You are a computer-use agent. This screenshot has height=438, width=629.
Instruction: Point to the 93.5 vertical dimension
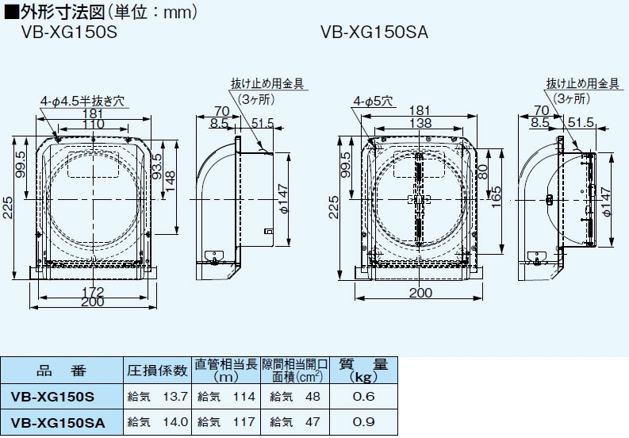point(157,167)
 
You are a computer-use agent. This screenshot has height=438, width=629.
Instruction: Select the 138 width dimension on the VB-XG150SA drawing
point(420,125)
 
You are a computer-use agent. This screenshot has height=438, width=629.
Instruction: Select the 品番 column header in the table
point(60,370)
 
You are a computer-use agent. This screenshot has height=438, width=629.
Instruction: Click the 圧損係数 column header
point(157,370)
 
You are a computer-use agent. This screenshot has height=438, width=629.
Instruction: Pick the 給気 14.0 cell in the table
point(157,421)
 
